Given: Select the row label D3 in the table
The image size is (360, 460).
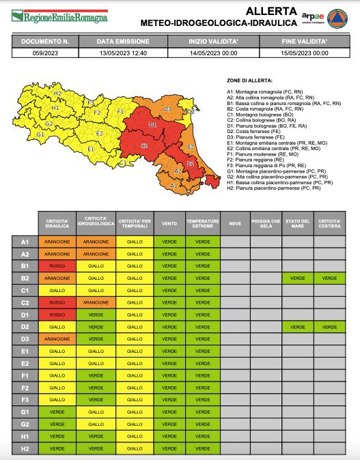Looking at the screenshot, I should click(x=25, y=338).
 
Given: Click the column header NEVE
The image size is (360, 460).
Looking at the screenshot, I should click(x=234, y=223).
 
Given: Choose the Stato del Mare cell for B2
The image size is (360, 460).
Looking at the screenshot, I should click(x=298, y=278).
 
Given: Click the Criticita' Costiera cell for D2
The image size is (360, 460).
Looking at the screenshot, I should click(x=330, y=326).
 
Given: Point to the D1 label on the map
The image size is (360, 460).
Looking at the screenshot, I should click(x=152, y=125).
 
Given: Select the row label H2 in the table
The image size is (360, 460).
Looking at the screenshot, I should click(x=25, y=448).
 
